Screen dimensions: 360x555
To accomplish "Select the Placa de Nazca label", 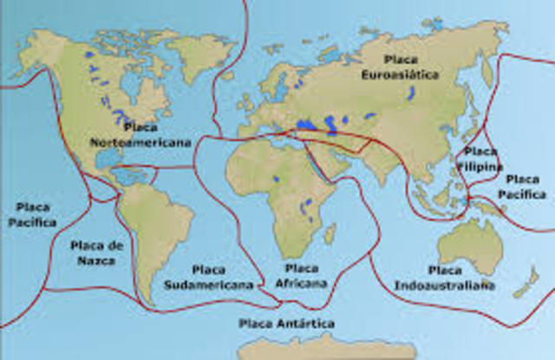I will (x=98, y=252).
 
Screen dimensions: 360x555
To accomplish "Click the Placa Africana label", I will (x=301, y=277).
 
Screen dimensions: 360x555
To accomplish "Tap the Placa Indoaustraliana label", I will (x=445, y=278).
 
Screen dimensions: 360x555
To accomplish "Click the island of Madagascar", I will (x=330, y=233).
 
